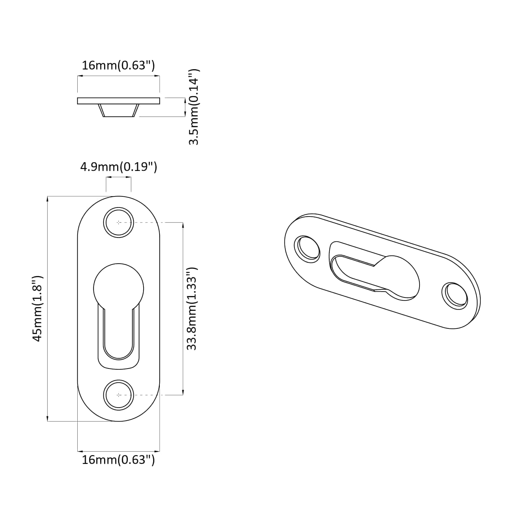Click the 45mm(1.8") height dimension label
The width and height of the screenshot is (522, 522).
[38, 308]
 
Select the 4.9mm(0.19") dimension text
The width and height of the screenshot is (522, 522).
[118, 167]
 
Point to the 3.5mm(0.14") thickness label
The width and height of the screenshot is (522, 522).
[194, 107]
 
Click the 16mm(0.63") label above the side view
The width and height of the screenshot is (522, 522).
[118, 66]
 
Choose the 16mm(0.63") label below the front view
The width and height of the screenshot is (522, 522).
[118, 460]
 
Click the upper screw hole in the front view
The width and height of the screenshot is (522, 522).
[118, 222]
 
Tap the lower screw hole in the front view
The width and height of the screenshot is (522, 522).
[118, 395]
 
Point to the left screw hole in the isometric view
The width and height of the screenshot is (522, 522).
[307, 249]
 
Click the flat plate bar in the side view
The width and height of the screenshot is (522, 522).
[118, 101]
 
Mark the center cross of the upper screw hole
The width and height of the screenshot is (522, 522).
[118, 222]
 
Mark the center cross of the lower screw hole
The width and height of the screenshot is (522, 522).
[118, 395]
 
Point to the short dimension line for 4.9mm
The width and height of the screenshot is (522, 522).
[118, 177]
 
